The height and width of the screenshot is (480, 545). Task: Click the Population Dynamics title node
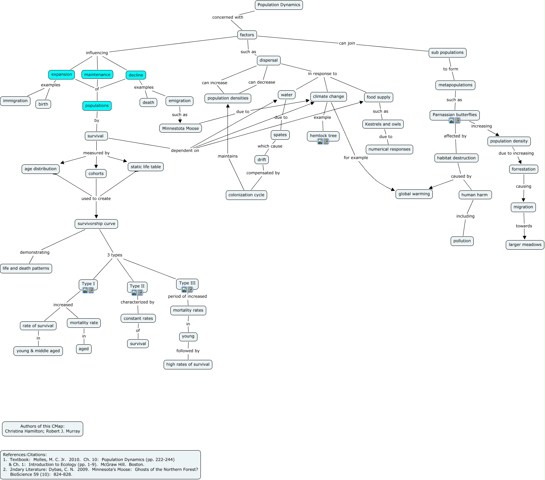point(279,5)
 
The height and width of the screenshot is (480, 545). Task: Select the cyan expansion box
point(62,75)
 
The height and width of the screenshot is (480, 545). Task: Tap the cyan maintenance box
point(97,75)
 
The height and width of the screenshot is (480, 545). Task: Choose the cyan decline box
point(136,75)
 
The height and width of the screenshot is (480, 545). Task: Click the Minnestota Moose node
point(181,129)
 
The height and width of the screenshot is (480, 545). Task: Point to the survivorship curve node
point(96,224)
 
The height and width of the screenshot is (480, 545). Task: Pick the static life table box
point(146,167)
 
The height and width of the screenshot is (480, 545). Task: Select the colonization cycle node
point(246,195)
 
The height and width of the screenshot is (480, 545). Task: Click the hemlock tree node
point(323,136)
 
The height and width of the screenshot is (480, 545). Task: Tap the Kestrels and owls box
point(383,124)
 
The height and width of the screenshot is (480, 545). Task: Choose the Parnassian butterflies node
point(454,115)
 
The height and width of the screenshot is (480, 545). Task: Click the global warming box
point(414,194)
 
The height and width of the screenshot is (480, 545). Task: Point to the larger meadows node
point(525,245)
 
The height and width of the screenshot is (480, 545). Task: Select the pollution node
point(462,241)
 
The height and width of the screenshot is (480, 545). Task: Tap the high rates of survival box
point(188,365)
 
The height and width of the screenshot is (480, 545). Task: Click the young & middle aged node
point(38,351)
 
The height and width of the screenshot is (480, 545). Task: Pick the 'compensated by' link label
point(263,173)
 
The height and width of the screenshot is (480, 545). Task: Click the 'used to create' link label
point(96,199)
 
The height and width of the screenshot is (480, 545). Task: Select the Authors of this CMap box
point(43,429)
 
